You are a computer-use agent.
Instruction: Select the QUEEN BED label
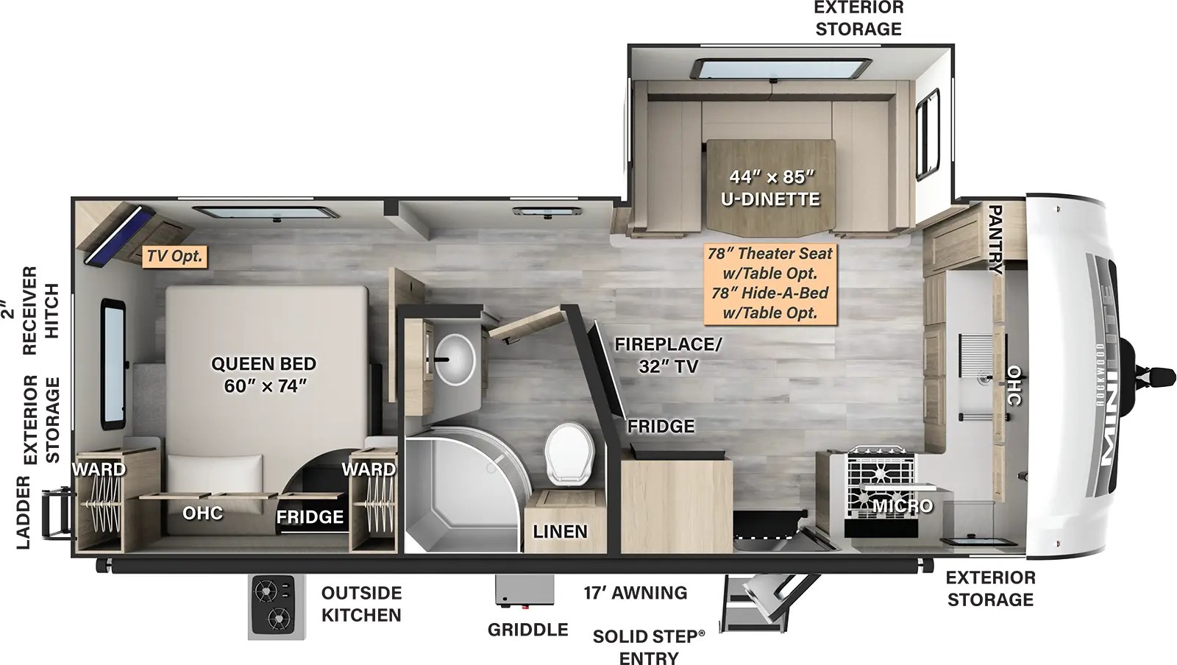263,374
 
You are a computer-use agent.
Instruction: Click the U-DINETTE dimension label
771,188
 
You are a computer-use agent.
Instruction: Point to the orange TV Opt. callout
174,256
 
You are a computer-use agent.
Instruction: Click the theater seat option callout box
769,283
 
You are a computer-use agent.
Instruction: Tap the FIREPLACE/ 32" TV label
668,355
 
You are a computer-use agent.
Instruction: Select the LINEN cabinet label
560,531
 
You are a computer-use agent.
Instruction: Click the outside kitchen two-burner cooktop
276,605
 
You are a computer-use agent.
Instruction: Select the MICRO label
903,506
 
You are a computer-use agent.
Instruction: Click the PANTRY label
995,240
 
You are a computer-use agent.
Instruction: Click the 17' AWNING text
636,592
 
